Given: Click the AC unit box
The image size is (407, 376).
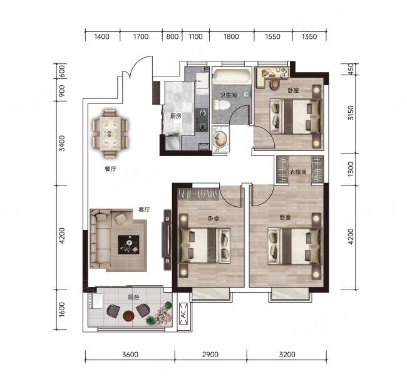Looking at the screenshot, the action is [x=183, y=314].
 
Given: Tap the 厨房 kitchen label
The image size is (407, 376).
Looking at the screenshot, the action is [x=175, y=116].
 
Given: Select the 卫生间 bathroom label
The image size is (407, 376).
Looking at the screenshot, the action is [x=229, y=95].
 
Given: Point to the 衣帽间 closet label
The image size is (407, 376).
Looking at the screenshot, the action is [x=298, y=172].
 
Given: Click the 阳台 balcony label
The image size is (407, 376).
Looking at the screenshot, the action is [x=133, y=297].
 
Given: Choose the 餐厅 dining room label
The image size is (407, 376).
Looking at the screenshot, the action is [x=110, y=169].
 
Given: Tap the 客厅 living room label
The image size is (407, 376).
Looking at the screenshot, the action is [x=144, y=209].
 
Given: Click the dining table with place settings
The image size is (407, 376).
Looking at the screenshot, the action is [x=110, y=134].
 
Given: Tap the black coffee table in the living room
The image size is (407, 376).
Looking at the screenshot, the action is [x=128, y=244].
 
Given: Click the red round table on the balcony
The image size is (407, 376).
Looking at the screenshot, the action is [x=128, y=316].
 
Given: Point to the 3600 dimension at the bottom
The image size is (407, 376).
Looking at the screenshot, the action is [x=130, y=355].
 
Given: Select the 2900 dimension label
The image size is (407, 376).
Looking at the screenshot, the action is [x=210, y=355].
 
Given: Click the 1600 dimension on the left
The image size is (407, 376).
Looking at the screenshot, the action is [x=62, y=310].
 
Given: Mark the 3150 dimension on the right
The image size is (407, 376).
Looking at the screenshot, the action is [x=351, y=113].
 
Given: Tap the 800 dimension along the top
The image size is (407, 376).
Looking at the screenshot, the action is [x=172, y=36].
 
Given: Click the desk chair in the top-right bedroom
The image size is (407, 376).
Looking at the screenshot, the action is [x=275, y=85].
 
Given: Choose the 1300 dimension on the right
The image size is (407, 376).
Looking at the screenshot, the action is [x=351, y=169].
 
